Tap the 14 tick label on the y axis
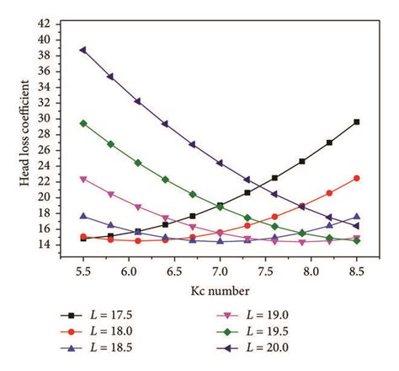click(56, 245)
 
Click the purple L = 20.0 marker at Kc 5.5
click(82, 50)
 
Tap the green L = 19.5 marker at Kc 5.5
click(82, 123)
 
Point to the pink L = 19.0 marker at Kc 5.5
click(82, 179)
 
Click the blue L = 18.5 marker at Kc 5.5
click(82, 216)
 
